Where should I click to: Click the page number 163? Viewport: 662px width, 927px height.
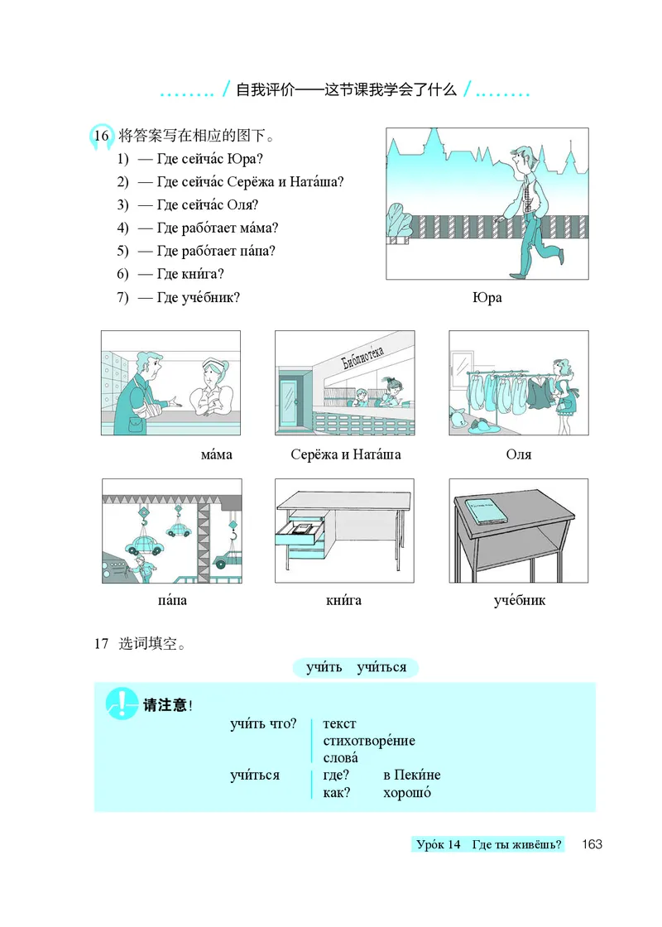pyautogui.click(x=591, y=844)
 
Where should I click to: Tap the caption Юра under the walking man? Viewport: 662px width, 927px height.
pyautogui.click(x=487, y=298)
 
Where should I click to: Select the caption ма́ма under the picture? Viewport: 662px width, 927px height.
pyautogui.click(x=217, y=454)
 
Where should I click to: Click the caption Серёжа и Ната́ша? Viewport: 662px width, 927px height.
pyautogui.click(x=346, y=454)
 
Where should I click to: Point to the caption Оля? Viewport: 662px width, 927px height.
pyautogui.click(x=518, y=454)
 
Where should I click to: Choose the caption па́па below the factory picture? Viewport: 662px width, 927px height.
pyautogui.click(x=171, y=600)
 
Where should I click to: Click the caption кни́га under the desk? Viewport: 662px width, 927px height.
pyautogui.click(x=343, y=600)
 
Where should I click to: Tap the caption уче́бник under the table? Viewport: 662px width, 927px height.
pyautogui.click(x=520, y=600)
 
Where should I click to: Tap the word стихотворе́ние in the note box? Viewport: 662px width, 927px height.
pyautogui.click(x=369, y=741)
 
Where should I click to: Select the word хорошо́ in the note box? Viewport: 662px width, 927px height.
pyautogui.click(x=407, y=793)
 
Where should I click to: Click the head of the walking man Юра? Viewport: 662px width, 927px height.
pyautogui.click(x=520, y=157)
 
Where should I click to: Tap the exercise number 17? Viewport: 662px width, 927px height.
pyautogui.click(x=102, y=643)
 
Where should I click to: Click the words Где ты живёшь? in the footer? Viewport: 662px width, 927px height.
pyautogui.click(x=517, y=844)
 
